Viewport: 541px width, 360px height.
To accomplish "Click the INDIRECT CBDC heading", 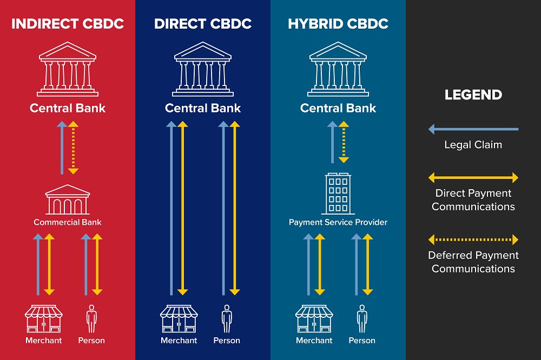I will tap(68, 24).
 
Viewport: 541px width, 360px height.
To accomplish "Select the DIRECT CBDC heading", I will tap(203, 24).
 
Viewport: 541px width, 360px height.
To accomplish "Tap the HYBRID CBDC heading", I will tap(338, 24).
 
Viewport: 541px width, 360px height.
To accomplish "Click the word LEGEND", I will tap(473, 95).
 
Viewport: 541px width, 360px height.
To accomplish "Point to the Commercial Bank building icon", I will tap(68, 199).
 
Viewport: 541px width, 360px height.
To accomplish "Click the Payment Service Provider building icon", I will tap(338, 193).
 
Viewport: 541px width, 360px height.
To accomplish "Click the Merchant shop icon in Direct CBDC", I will tap(179, 319).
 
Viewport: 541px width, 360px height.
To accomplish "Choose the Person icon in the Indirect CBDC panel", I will tap(91, 319).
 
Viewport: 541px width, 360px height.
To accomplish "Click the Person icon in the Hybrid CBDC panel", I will tap(362, 319).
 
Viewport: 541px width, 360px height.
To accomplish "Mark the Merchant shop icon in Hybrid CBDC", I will tap(314, 319).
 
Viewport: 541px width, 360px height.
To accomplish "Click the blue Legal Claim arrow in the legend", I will tap(473, 129).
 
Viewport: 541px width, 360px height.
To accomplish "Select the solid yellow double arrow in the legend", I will tap(473, 177).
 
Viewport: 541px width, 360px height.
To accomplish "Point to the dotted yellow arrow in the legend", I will tap(473, 239).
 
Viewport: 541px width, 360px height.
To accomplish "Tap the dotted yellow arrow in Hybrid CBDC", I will tap(344, 142).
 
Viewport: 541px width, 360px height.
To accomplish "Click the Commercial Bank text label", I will tap(68, 222).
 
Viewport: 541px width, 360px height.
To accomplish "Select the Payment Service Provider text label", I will tap(338, 222).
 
